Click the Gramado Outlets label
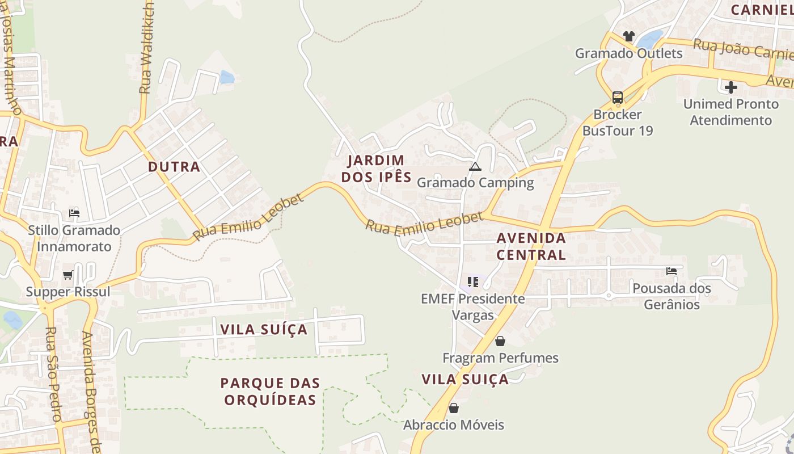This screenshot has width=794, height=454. tap(628, 53)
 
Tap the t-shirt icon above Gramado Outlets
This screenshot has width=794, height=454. tap(628, 36)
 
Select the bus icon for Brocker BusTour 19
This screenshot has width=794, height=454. tap(618, 98)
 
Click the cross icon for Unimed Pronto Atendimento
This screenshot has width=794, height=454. tap(731, 87)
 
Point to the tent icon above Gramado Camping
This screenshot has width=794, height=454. tap(475, 166)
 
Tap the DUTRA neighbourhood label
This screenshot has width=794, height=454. tap(174, 167)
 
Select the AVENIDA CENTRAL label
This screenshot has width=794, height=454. tap(531, 246)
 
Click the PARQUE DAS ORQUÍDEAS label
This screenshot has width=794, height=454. tap(270, 392)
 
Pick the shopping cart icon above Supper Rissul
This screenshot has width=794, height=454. tap(68, 275)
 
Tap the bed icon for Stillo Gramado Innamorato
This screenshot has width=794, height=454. tap(74, 213)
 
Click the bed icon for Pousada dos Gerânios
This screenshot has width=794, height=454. tap(671, 271)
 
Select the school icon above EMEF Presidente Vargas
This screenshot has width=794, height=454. tap(473, 281)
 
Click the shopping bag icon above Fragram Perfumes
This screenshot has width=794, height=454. tap(500, 341)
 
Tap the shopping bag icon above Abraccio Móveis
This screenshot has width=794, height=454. tap(453, 408)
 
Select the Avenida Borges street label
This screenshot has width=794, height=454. tap(91, 392)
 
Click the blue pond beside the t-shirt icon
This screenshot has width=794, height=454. tap(649, 39)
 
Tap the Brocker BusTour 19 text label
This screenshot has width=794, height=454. tap(618, 123)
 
